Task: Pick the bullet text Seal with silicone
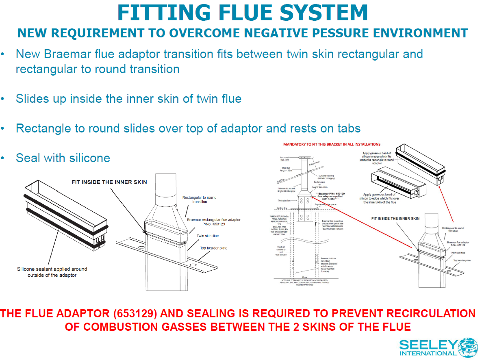click(63, 158)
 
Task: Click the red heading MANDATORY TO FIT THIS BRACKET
click(332, 144)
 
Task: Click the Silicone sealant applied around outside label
click(52, 272)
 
